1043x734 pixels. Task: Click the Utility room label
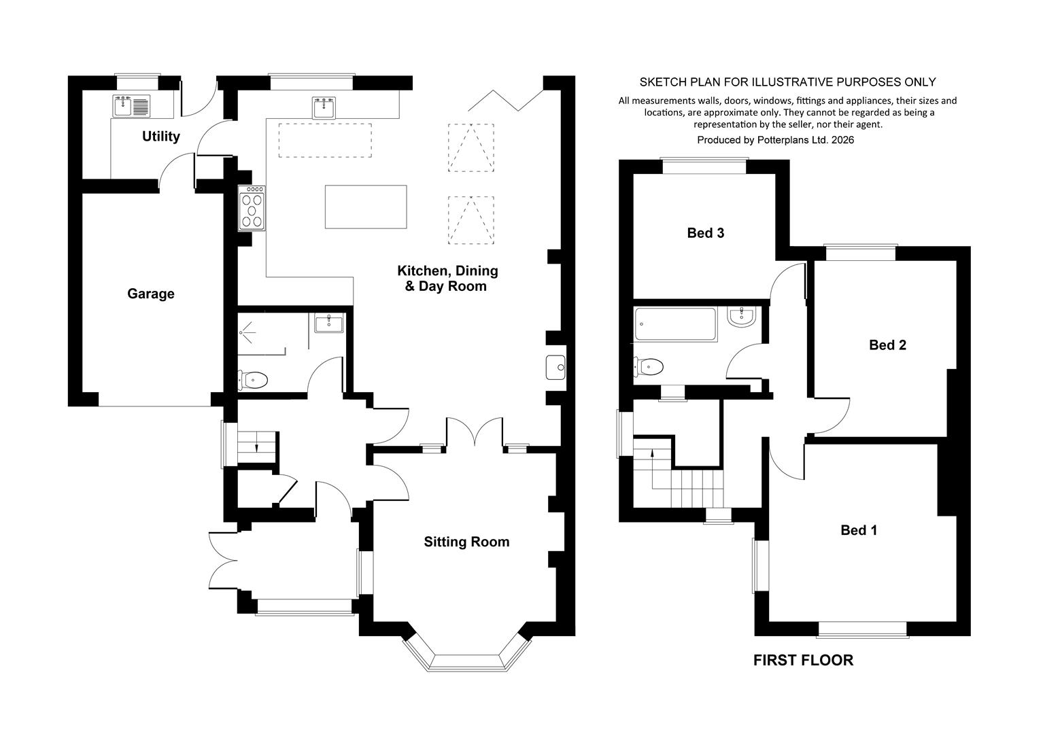[160, 137]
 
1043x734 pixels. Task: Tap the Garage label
[151, 294]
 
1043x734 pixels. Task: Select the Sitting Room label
[466, 542]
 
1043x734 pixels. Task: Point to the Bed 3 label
[706, 232]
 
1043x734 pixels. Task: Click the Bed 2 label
[887, 345]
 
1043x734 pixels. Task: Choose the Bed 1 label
[859, 530]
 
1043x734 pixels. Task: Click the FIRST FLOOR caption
[803, 660]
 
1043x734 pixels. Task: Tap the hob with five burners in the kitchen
[252, 208]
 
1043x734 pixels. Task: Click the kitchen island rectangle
[366, 207]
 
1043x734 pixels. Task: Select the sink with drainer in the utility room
[131, 105]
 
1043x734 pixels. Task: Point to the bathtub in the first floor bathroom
[675, 324]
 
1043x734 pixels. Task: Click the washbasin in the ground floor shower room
[328, 323]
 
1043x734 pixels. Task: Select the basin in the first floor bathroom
[741, 317]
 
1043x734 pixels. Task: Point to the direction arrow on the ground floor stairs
[256, 447]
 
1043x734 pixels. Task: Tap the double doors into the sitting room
[475, 432]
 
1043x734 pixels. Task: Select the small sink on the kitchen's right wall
[556, 368]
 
